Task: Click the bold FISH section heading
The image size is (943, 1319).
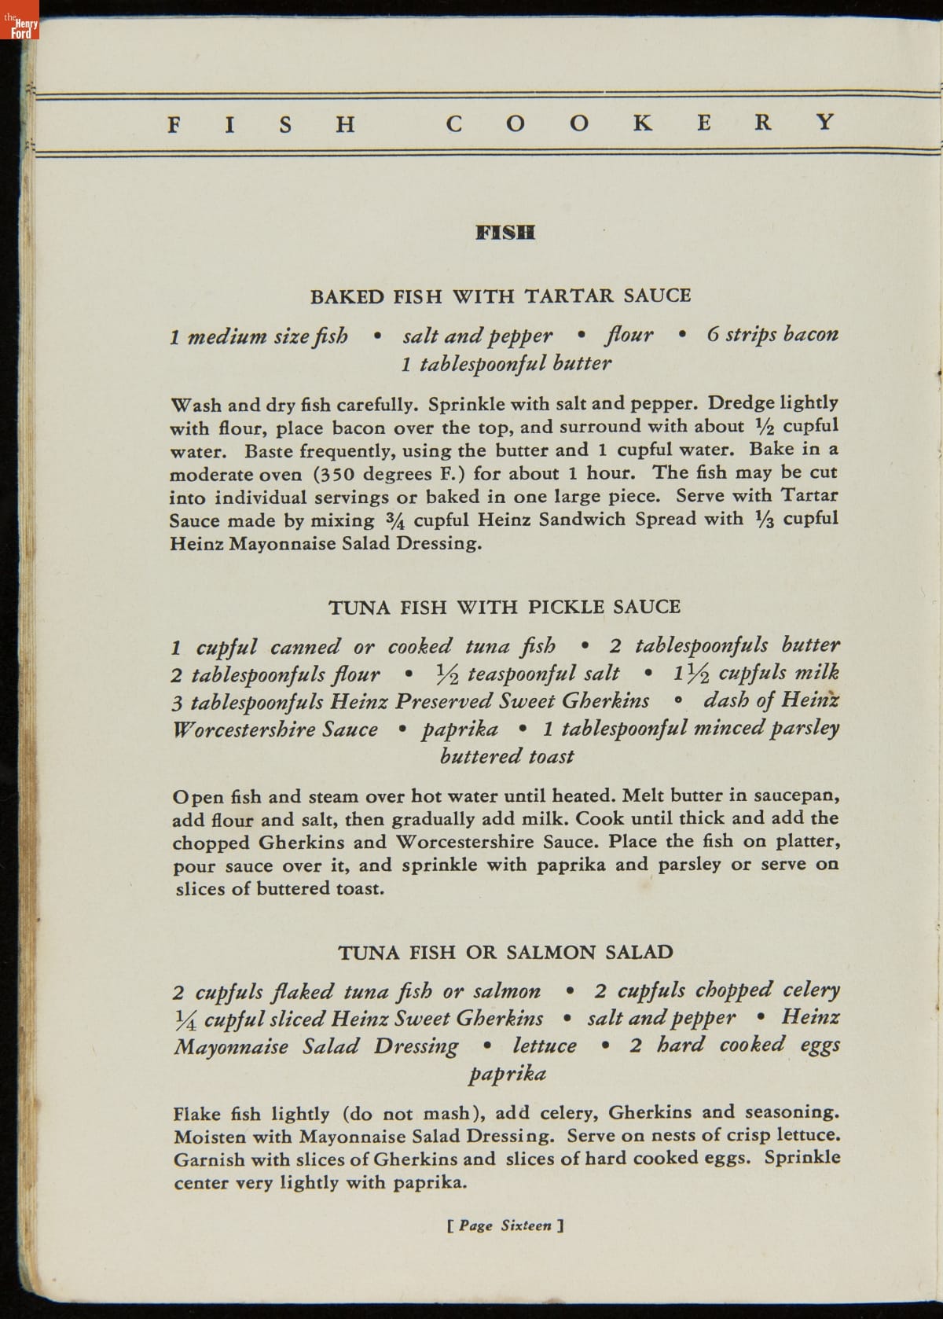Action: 505,233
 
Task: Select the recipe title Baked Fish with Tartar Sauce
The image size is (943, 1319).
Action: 501,296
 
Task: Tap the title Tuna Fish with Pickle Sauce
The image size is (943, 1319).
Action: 504,607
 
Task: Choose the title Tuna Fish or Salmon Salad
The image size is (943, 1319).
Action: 505,953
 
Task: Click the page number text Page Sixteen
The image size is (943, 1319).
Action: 505,1225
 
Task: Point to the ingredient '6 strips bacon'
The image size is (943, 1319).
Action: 772,335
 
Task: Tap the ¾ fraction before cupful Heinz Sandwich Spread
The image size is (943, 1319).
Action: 395,520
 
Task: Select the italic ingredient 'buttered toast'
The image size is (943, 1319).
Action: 507,756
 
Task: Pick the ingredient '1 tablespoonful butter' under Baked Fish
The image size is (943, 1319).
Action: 505,363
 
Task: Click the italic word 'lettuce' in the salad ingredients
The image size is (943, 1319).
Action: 545,1046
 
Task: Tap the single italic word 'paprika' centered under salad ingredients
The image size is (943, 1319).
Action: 507,1074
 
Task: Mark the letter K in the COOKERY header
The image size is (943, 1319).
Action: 642,123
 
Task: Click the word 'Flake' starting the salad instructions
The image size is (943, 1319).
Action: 197,1115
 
